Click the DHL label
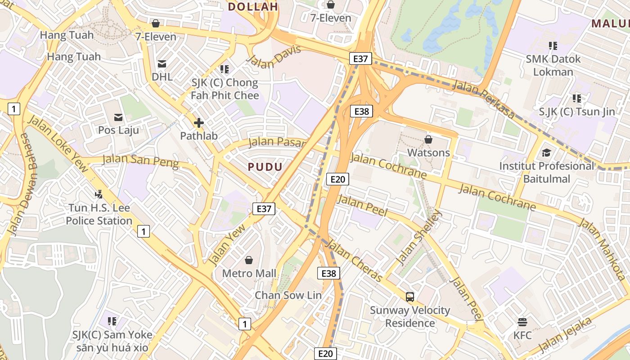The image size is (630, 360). coord(162,76)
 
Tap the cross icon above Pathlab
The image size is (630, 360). coord(198,122)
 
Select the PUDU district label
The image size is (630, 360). coord(265,167)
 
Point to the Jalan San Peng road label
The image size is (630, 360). coord(140,160)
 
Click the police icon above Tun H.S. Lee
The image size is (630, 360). coord(99,194)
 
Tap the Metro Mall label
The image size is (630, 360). coord(249,273)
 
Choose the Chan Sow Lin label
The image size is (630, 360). coord(288,295)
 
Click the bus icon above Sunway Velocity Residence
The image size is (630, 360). coord(410,297)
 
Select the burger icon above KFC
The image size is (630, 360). coord(522,322)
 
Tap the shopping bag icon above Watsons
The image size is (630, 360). coord(428,139)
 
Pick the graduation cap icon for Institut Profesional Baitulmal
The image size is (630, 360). coord(546,153)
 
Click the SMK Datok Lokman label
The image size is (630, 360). coord(553,65)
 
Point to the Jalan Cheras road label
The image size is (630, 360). coord(355,261)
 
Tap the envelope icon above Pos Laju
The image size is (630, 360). coord(118,117)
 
